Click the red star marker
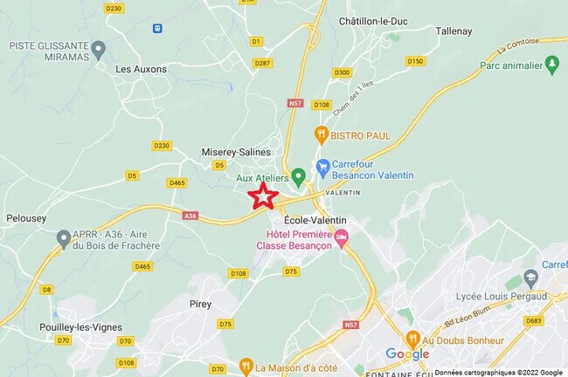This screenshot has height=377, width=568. [x=263, y=195]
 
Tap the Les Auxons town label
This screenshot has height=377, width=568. [x=141, y=68]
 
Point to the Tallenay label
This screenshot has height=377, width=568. [x=454, y=31]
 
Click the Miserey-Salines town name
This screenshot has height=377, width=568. [x=236, y=151]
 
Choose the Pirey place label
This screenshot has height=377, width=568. [x=200, y=303]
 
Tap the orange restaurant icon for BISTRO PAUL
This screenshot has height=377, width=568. [x=321, y=134]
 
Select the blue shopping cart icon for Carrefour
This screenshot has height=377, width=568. [x=322, y=166]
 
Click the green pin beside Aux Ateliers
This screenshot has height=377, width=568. [x=298, y=175]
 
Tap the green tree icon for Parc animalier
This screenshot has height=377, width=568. [x=551, y=64]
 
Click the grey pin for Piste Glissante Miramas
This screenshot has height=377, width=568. [x=98, y=48]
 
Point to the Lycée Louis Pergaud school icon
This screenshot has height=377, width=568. [x=530, y=278]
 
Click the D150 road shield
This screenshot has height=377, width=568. [x=415, y=61]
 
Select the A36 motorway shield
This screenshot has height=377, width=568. [x=190, y=215]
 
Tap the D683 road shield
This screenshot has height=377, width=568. [x=534, y=321]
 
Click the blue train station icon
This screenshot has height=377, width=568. [x=157, y=28]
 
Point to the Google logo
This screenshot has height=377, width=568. [x=407, y=354]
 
